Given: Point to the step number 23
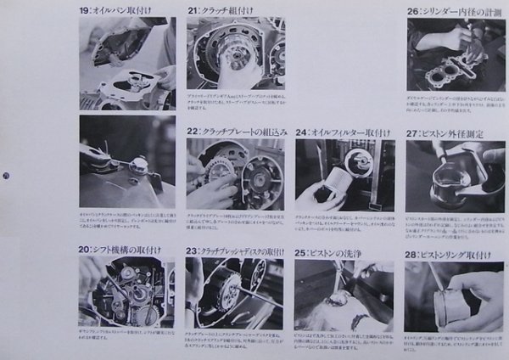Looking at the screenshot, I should point(193,251).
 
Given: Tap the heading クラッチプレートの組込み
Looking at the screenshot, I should point(247,132).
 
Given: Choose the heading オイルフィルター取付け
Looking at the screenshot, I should point(351,132).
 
